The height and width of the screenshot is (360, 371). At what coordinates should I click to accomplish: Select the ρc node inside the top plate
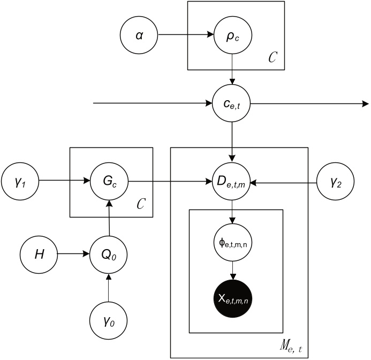click(232, 37)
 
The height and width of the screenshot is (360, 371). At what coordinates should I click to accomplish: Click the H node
click(39, 251)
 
